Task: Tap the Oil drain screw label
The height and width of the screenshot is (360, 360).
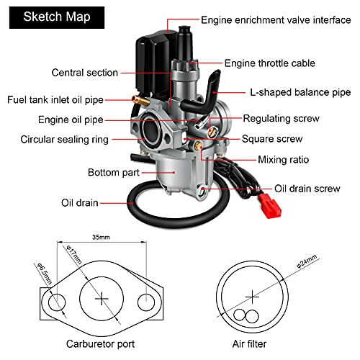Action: (307, 189)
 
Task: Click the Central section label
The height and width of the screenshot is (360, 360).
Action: (84, 73)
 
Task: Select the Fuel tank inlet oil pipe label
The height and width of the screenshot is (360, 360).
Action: (63, 100)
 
